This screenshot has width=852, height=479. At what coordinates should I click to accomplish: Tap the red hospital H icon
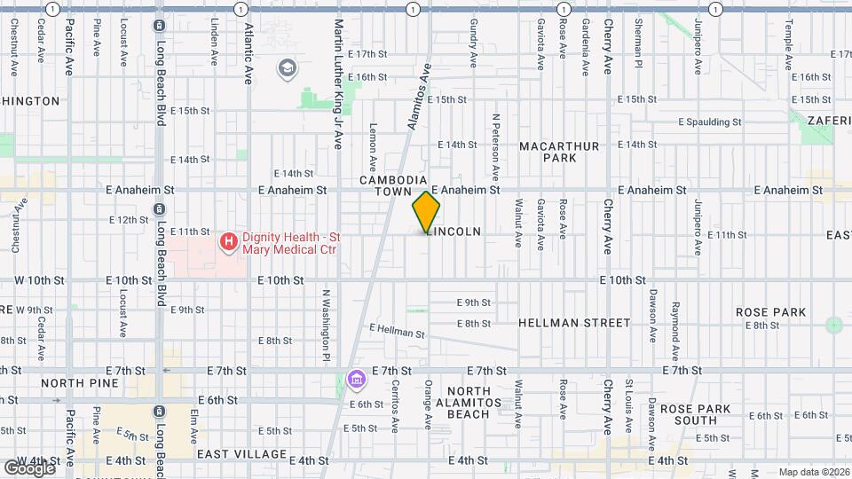[x=228, y=240]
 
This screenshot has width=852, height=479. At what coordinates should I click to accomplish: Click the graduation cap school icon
[x=288, y=67]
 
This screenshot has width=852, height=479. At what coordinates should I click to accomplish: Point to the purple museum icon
[x=357, y=380]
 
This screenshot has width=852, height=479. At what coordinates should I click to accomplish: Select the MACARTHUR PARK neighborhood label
[x=560, y=152]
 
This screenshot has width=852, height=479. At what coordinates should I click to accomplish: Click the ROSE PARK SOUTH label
[x=701, y=414]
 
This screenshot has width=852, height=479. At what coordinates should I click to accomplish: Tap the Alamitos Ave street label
[x=418, y=96]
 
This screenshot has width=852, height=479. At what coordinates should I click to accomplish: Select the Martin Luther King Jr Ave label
[x=338, y=84]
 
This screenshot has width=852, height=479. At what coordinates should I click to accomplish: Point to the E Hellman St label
[x=397, y=331]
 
